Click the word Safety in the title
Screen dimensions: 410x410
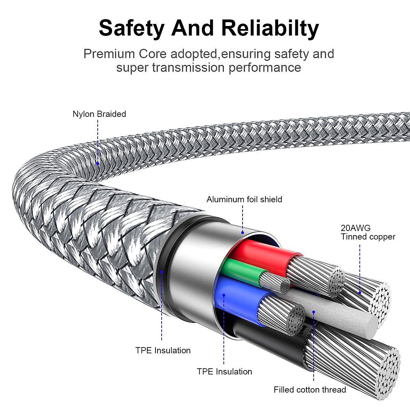click(x=132, y=28)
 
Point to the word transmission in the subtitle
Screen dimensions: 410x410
click(x=188, y=67)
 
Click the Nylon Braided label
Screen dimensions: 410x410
click(x=99, y=114)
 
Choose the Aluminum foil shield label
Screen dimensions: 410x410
click(x=244, y=199)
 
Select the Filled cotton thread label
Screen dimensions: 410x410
click(x=310, y=389)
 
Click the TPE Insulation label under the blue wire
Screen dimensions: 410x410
click(x=224, y=371)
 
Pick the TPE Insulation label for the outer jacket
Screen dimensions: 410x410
click(x=163, y=350)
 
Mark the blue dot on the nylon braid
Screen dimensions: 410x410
click(x=98, y=164)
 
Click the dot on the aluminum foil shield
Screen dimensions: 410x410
click(x=243, y=233)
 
